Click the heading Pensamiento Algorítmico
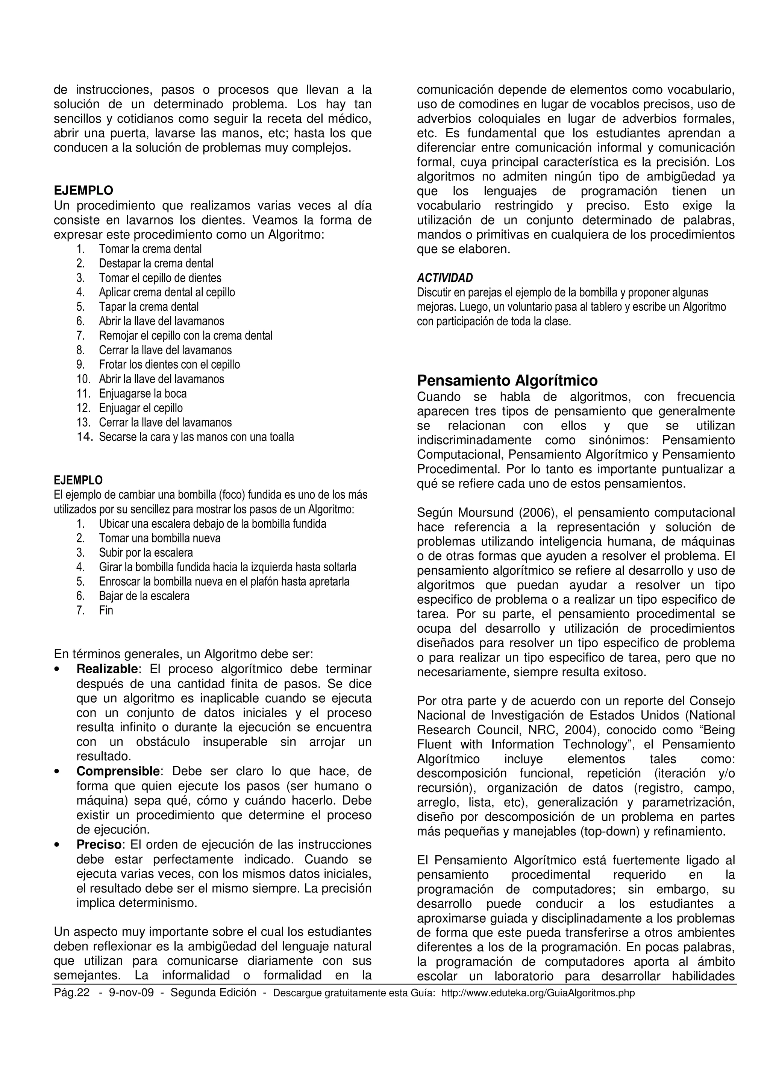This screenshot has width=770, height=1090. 507,381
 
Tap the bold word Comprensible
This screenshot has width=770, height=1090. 118,771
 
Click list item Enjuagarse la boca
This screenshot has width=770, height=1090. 143,393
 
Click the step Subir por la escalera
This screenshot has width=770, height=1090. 146,553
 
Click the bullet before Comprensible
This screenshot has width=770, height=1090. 57,772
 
